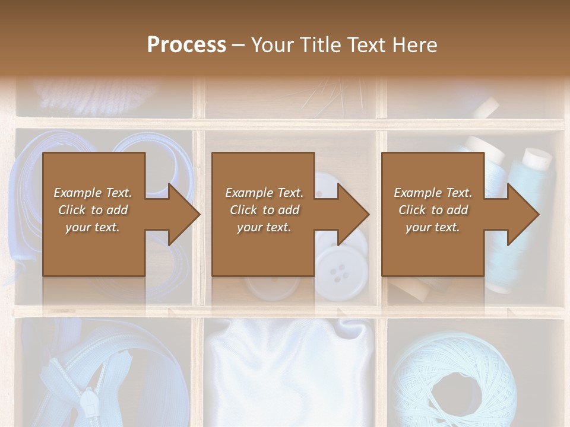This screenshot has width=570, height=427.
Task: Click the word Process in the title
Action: tap(186, 44)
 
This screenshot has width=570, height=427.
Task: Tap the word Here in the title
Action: tap(414, 44)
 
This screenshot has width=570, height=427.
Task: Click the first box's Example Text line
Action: tap(93, 193)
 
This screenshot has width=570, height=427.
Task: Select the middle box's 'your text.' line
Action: tap(264, 227)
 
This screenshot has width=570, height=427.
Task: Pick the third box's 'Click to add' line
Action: tap(433, 210)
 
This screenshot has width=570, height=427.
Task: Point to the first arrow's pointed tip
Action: tap(199, 214)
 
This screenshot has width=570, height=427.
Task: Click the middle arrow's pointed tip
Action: tap(369, 214)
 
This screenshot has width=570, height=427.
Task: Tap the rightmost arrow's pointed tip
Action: tap(539, 214)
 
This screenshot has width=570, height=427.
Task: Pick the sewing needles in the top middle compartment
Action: tap(332, 98)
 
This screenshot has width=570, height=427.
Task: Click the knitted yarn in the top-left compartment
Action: tap(95, 95)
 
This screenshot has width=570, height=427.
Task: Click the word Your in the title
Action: tap(273, 44)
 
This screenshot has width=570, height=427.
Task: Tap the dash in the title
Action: tap(239, 45)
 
